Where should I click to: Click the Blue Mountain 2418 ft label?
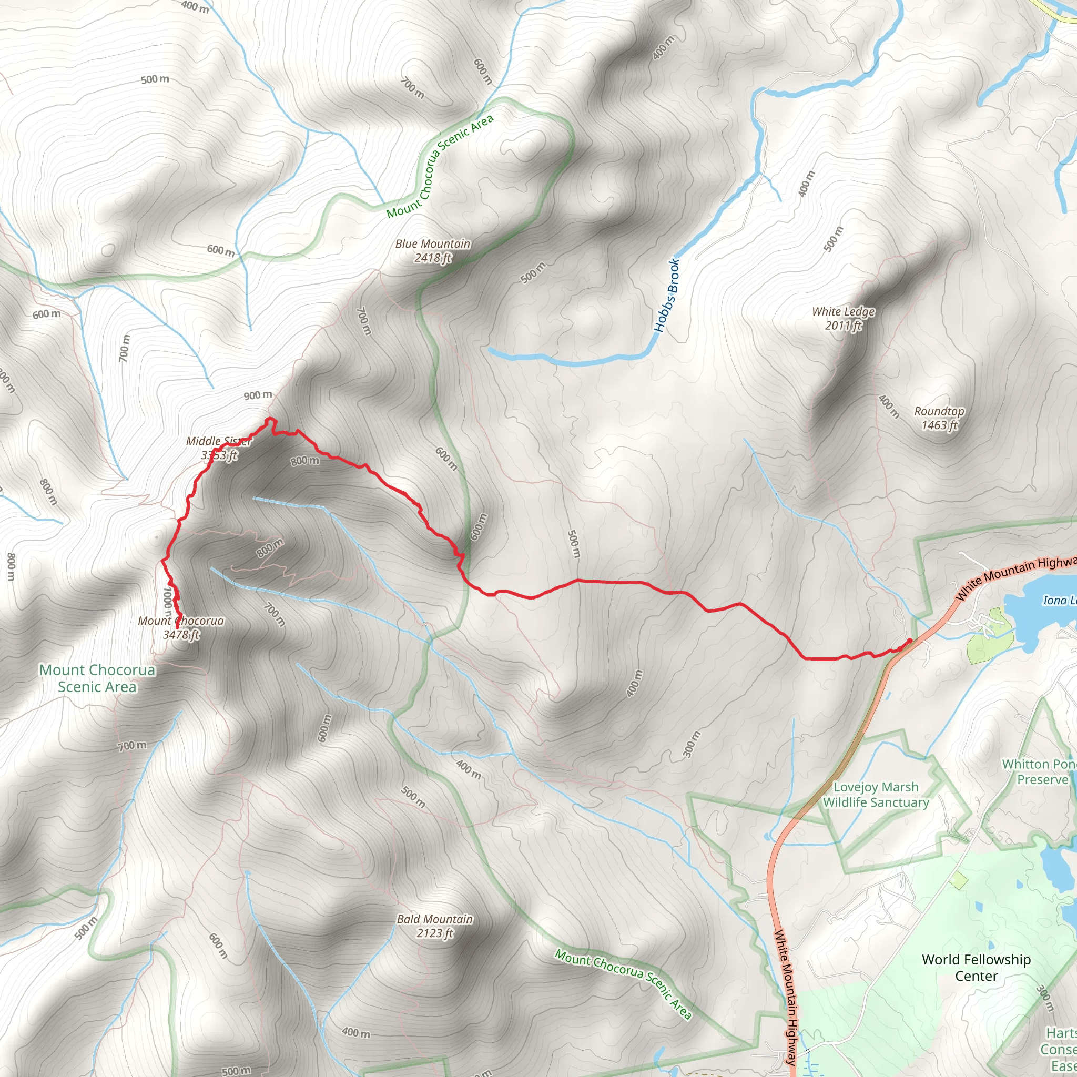pos(433,251)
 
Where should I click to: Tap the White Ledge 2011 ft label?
pos(844,318)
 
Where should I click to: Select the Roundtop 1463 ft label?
pos(939,418)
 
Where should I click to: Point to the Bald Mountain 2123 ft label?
pos(435,926)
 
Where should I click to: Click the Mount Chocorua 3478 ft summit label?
pos(181,627)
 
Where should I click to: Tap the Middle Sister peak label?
pos(219,448)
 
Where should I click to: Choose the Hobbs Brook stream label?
pos(667,295)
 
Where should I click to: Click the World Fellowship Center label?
pos(976,967)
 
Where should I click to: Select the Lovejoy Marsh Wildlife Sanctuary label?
pos(876,795)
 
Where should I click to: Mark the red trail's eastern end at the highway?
pos(910,641)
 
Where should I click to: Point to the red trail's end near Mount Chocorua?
pos(177,628)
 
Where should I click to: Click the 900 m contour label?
pos(258,395)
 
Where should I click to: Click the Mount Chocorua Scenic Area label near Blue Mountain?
pos(440,166)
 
